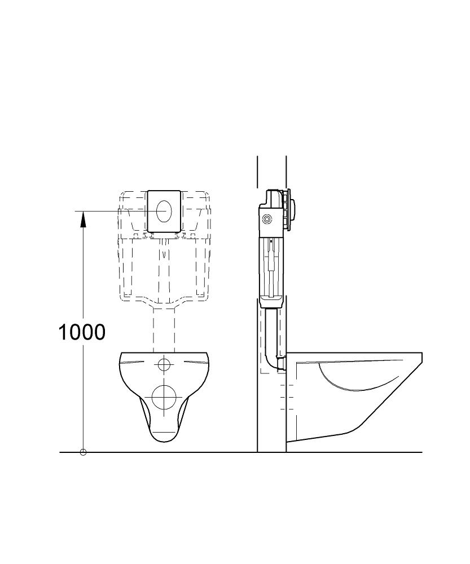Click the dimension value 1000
tap(82, 332)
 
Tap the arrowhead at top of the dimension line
tap(83, 219)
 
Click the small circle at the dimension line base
tap(83, 452)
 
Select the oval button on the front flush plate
tap(164, 211)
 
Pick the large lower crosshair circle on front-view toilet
tap(164, 398)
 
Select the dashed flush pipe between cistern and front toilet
tap(164, 330)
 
